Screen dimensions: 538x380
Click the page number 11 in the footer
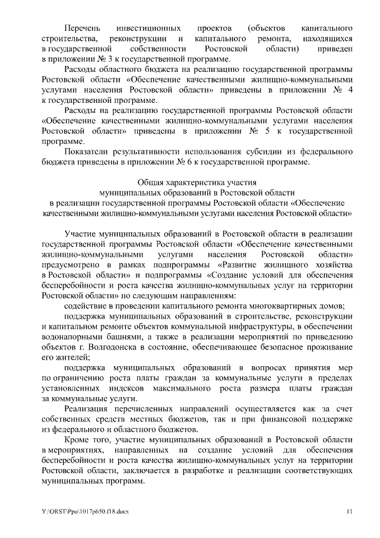[350, 511]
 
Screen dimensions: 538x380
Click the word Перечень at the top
[82, 28]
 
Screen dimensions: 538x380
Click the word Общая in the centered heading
[147, 183]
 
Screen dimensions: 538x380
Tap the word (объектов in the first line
[266, 28]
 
